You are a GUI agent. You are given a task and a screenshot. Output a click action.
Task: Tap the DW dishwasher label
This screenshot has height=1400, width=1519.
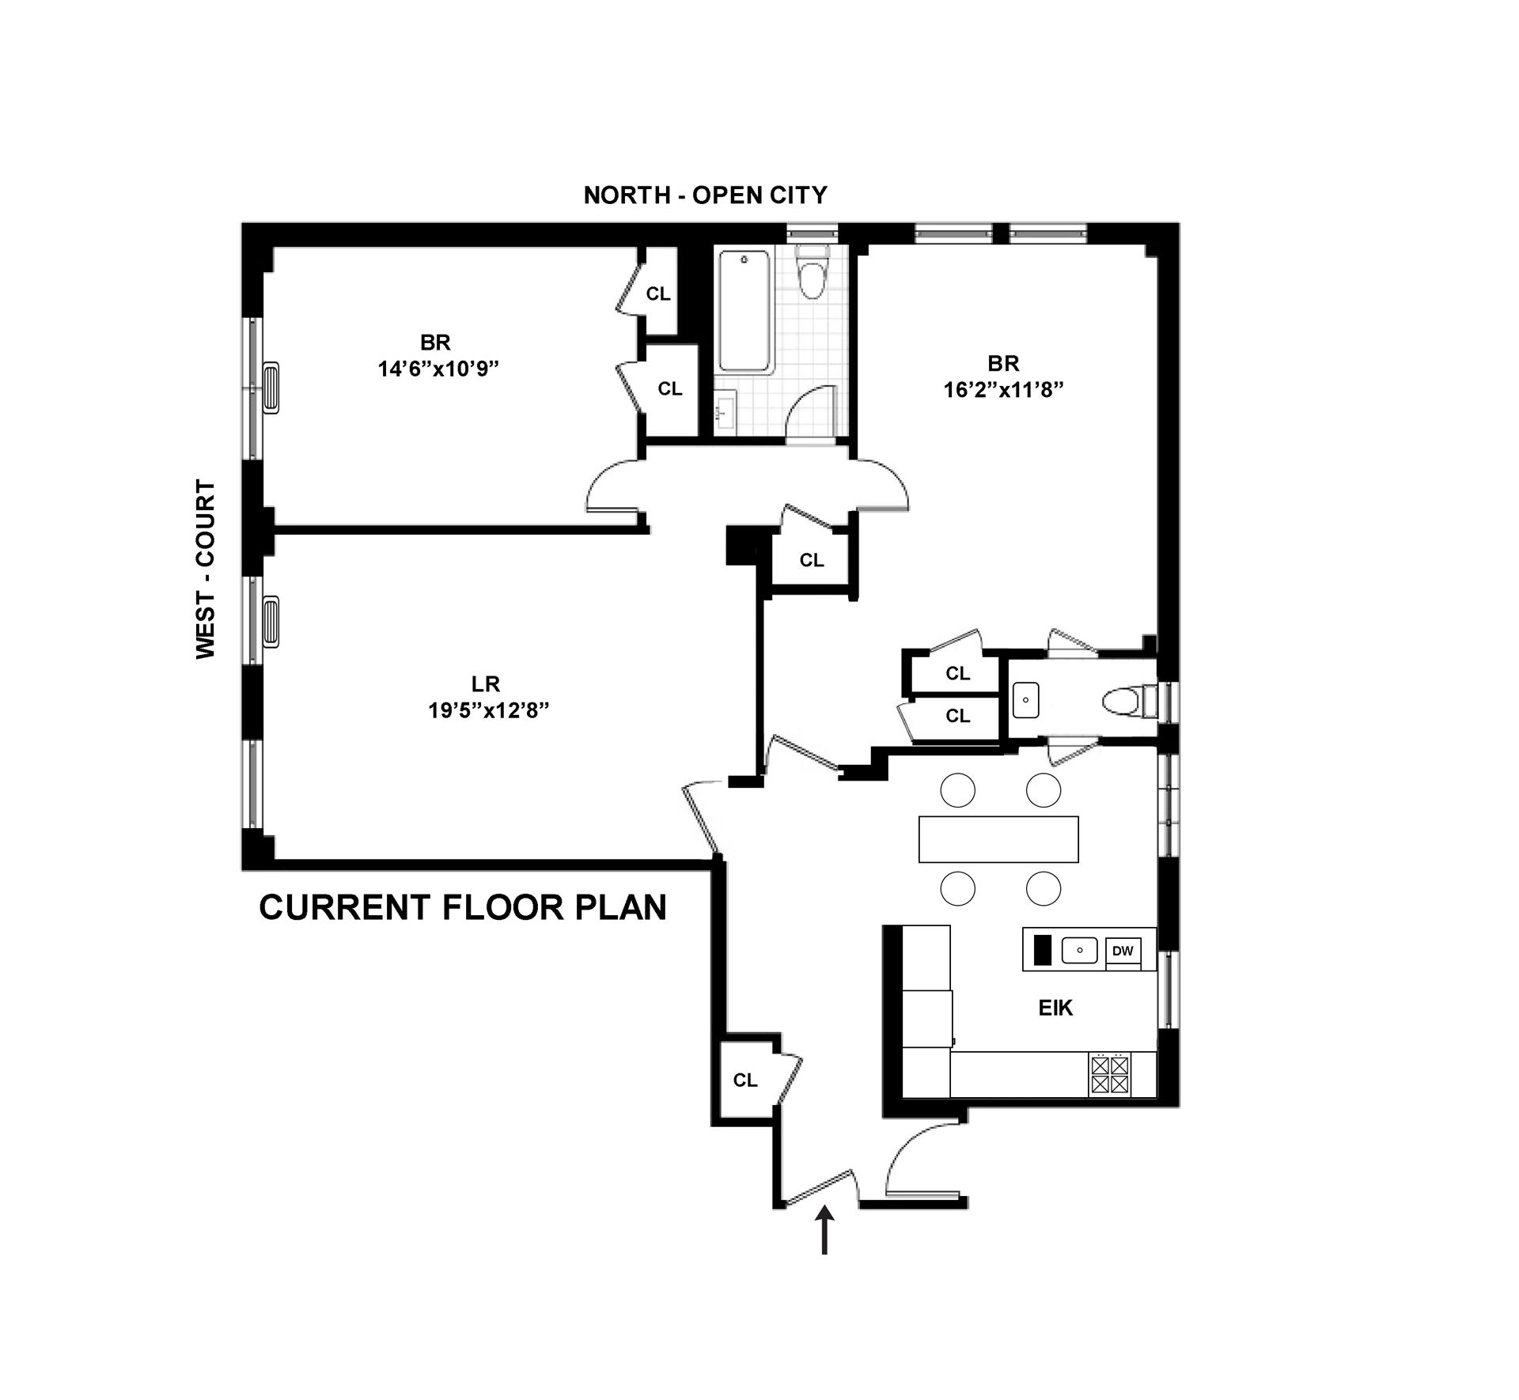pos(1123,951)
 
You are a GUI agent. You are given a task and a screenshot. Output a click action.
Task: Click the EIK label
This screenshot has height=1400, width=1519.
pos(1055,1008)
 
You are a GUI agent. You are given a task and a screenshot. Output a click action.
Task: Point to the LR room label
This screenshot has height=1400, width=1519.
pos(486,683)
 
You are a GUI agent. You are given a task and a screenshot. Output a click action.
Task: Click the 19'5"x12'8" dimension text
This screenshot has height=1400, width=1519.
pos(489,710)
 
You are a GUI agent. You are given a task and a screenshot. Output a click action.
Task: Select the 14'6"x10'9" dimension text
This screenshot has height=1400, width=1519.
pos(439,369)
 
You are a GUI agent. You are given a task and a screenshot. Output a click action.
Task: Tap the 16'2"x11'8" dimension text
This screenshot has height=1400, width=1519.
pos(1003,389)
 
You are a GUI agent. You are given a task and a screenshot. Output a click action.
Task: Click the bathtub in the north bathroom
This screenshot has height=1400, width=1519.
pos(744,311)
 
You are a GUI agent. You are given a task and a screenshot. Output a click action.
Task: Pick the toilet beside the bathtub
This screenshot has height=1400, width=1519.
pos(811,273)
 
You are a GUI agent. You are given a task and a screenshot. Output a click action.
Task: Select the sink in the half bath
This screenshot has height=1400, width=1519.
pos(1026,700)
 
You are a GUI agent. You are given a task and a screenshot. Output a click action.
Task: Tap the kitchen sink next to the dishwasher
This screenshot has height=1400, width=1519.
pos(1079,950)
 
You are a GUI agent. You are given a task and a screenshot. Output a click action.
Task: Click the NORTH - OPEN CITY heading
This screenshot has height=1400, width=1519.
pos(705,195)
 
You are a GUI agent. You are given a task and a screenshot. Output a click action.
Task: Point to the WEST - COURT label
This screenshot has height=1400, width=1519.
pos(206,569)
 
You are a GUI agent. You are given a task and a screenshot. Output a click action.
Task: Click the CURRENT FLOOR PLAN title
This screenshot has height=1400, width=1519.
pos(463,907)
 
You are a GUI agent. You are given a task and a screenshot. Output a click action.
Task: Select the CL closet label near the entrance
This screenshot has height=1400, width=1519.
pos(745,1080)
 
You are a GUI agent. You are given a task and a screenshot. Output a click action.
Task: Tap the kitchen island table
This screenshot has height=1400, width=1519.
pos(998,839)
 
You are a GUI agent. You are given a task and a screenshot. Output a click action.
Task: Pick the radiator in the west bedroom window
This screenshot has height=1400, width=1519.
pos(271,388)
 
